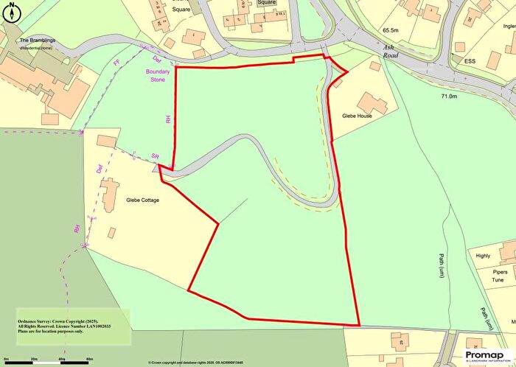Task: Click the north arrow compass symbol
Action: click(x=10, y=10)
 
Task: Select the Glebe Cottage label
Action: click(x=143, y=200)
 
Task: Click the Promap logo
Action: click(x=484, y=356)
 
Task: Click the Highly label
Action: click(x=483, y=256)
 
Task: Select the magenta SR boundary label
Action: click(x=155, y=158)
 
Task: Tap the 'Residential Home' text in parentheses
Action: click(x=35, y=48)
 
